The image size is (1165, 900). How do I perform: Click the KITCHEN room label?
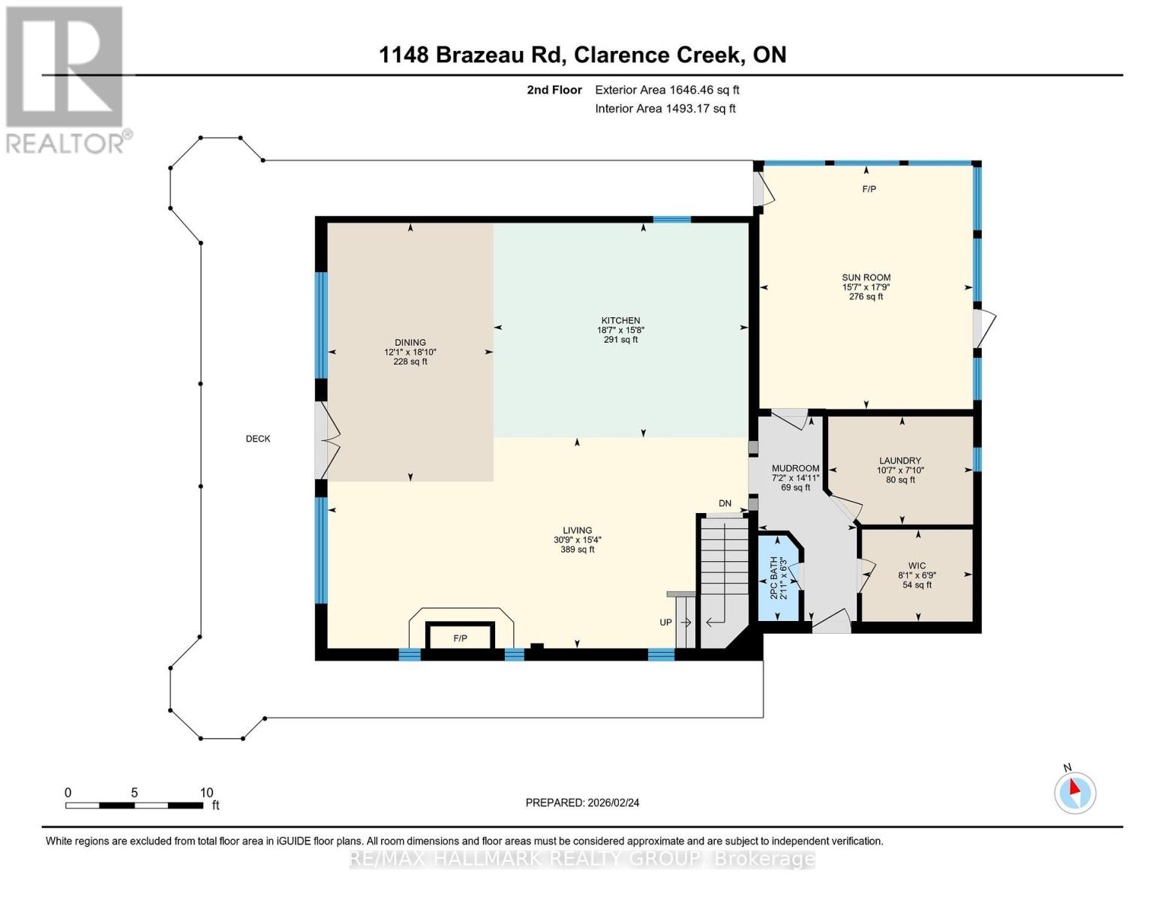[620, 321]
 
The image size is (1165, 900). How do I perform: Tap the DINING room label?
[410, 343]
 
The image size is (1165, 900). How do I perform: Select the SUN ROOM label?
[866, 277]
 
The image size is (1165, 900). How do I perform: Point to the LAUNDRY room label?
[900, 461]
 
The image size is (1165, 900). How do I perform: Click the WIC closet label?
[917, 566]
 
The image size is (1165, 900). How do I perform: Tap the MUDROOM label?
[795, 469]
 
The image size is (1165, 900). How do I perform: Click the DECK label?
[258, 439]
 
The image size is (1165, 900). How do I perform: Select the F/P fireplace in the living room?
[460, 638]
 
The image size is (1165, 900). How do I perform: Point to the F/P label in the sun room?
[869, 189]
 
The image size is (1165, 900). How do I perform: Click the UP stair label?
[665, 622]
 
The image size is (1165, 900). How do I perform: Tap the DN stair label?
[725, 503]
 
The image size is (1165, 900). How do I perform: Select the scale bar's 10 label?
[206, 793]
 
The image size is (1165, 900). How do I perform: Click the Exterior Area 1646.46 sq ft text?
[667, 90]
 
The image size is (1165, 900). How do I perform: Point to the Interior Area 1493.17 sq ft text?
[665, 109]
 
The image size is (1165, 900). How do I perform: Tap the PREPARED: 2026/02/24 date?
[582, 802]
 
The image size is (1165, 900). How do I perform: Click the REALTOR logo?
[65, 79]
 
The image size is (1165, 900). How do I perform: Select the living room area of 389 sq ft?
[578, 550]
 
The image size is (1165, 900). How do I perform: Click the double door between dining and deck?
[326, 440]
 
